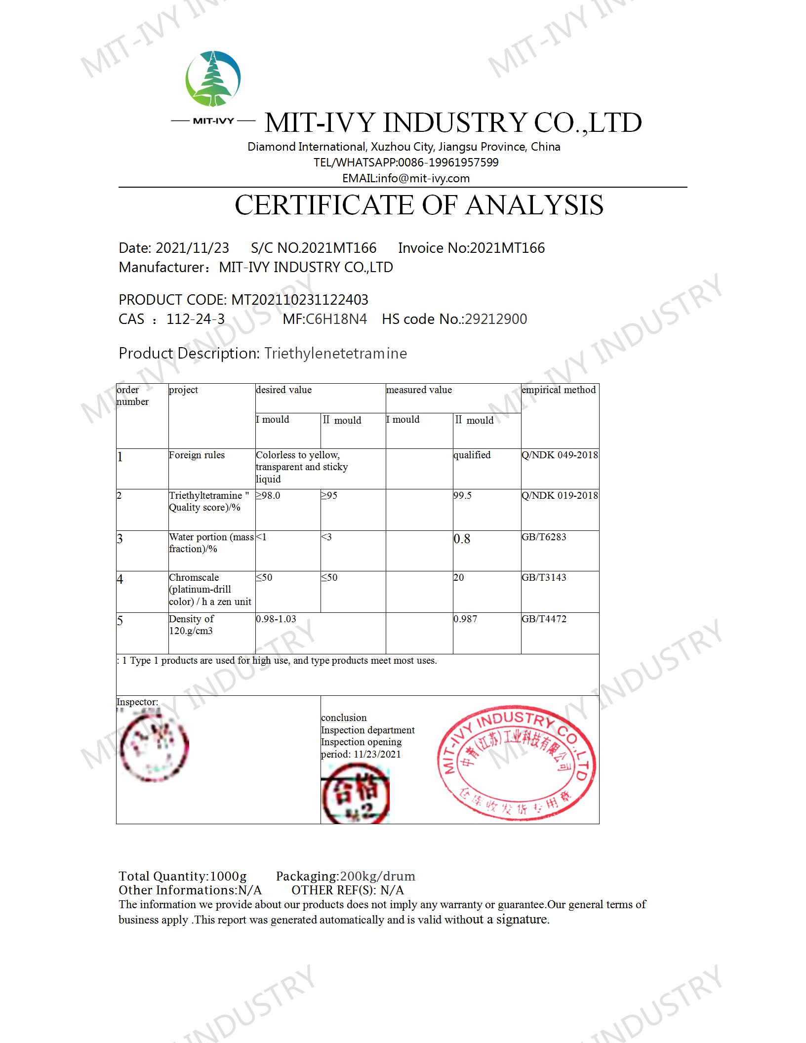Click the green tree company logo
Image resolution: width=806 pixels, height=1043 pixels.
coord(213,79)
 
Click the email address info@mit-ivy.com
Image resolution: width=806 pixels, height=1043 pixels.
coord(424,178)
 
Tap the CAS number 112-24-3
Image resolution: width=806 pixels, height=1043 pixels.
coord(196,319)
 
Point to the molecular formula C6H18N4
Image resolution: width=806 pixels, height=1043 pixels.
coord(336,319)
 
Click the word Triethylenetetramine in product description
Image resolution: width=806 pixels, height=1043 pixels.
coord(335,354)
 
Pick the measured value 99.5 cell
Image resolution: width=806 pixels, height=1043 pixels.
coord(463,495)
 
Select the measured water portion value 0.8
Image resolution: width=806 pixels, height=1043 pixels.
coord(462,539)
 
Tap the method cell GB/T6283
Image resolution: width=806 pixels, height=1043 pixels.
coord(544,537)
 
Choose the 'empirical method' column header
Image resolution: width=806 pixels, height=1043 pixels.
coord(559,390)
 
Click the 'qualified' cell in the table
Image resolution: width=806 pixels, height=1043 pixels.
coord(472,455)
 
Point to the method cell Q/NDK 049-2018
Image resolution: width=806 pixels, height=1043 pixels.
coord(560,455)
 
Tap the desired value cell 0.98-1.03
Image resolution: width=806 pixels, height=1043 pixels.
coord(276,619)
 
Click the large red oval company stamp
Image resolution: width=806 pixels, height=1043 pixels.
coord(516,765)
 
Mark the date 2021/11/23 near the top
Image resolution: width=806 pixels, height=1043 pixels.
coord(192,248)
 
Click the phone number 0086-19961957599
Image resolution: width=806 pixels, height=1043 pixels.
coord(448,162)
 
